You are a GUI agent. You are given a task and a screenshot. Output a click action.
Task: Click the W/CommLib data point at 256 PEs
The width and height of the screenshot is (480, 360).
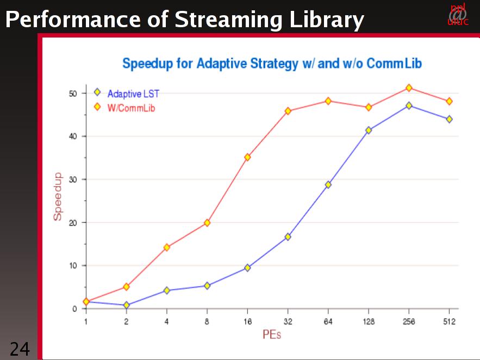point(409,88)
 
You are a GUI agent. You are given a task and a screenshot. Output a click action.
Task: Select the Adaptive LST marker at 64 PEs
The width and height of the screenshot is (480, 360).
point(328,185)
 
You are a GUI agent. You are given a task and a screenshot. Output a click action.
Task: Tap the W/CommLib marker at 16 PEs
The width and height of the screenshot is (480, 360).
point(247,157)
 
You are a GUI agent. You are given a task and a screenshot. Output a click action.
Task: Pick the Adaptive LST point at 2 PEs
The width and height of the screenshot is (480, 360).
point(126,305)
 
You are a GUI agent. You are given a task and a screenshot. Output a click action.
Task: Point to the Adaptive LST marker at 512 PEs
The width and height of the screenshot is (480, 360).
point(449,119)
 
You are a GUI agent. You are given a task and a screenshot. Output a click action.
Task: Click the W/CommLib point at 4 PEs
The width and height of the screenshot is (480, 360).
point(166,247)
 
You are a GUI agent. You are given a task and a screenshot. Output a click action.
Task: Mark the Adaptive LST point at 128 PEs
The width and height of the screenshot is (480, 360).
point(369,131)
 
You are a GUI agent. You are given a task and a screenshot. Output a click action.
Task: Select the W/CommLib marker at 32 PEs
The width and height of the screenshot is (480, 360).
point(288,111)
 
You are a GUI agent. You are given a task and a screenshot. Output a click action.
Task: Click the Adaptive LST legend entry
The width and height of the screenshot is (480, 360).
point(133,94)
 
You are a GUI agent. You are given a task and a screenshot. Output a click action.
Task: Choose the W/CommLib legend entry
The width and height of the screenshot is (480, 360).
point(130,108)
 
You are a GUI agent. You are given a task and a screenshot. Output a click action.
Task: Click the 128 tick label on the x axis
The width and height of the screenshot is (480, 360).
point(369,322)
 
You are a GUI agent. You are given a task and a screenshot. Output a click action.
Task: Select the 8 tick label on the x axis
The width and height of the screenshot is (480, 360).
point(207,322)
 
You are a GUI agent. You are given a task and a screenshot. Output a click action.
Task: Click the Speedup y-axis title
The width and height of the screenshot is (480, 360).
point(57,196)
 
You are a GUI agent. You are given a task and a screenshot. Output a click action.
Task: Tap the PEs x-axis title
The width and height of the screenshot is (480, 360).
point(272,334)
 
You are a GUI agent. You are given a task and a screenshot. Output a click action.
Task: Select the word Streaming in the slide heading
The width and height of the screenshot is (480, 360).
point(228,20)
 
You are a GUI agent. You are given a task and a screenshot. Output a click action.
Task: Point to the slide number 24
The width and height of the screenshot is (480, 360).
point(20,349)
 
